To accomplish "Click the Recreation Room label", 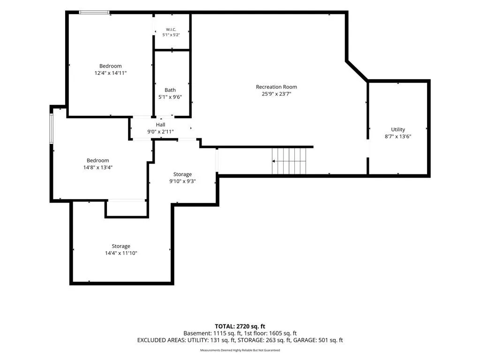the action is (x=277, y=87).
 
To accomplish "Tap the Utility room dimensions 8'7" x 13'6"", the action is (x=398, y=136).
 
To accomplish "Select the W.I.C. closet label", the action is (x=171, y=30).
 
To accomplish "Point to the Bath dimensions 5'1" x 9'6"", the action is (x=170, y=97).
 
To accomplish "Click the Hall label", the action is (x=161, y=125).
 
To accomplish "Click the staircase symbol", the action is (x=289, y=161).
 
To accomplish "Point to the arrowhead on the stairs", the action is (x=273, y=161).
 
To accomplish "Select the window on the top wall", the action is (x=94, y=12).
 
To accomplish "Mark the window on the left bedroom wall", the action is (x=52, y=128).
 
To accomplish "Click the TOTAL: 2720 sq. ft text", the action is (x=240, y=326).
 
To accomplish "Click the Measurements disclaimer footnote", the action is (x=240, y=350).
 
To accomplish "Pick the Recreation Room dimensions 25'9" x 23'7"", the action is (x=277, y=94).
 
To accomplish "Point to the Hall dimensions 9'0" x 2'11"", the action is (x=160, y=132).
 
